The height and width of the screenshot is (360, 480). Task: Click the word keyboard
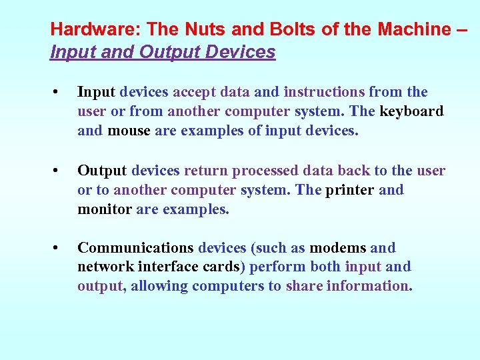tap(411, 111)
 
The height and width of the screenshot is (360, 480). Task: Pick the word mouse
tap(129, 131)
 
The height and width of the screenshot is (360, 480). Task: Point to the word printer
tap(349, 190)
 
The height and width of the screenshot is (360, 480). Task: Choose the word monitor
tap(105, 209)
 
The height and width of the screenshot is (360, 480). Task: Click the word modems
tap(337, 248)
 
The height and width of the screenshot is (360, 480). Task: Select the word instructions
tap(325, 92)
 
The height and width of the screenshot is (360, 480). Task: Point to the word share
tap(303, 287)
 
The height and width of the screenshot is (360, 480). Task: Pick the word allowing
tap(160, 287)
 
